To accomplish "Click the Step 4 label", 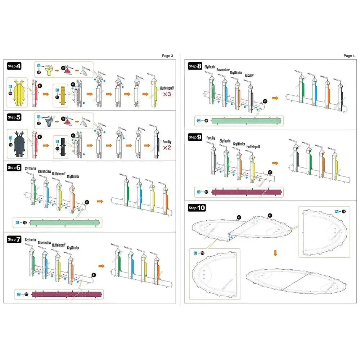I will [14, 66].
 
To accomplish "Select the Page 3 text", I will [167, 56].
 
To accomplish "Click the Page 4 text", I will [349, 56].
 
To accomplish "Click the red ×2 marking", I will [166, 148].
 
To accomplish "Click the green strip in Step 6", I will [66, 223].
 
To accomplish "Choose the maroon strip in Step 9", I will [247, 192].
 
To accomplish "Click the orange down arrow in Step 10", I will [275, 253].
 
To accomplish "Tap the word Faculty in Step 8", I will [249, 75].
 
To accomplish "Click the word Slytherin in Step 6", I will [30, 168].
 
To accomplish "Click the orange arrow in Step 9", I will [275, 163].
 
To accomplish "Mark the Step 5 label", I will [14, 117].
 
